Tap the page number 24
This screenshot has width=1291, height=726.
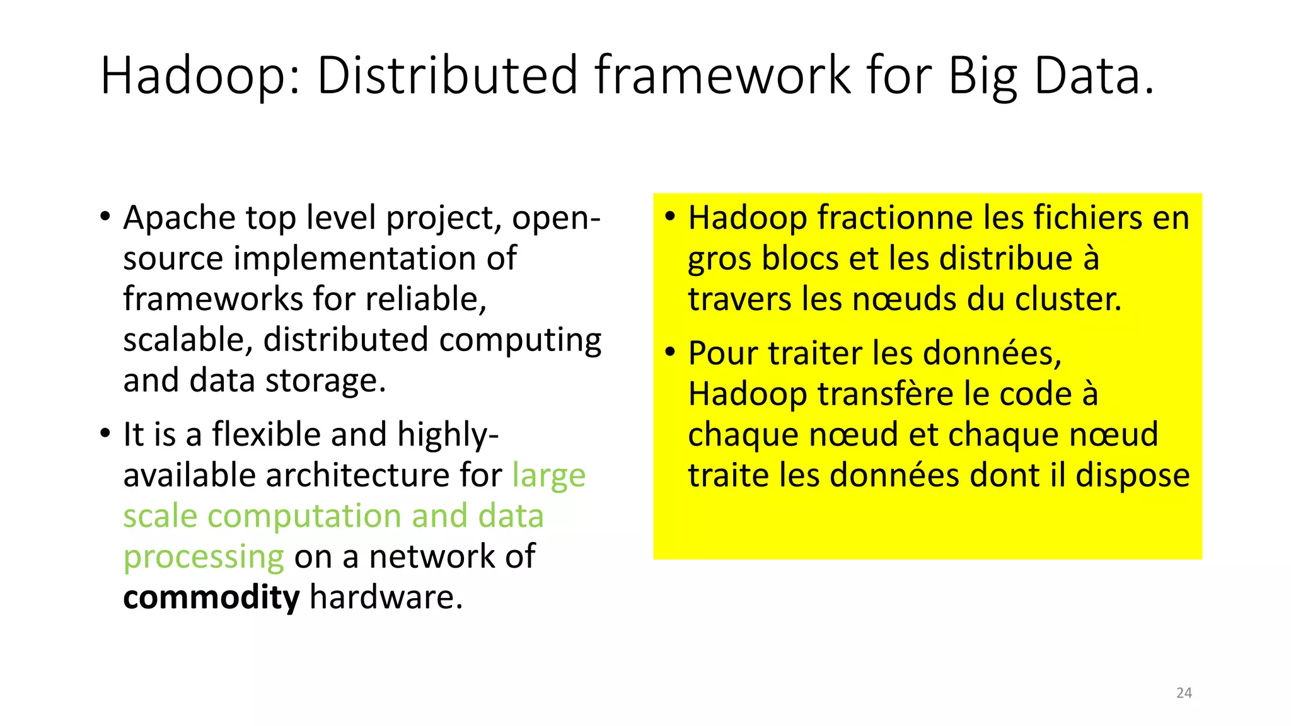click(x=1184, y=693)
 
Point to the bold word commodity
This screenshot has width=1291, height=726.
click(x=211, y=597)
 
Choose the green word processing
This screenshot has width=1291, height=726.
click(x=204, y=557)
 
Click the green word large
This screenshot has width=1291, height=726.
click(x=548, y=476)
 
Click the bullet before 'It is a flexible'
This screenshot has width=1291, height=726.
click(x=105, y=434)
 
